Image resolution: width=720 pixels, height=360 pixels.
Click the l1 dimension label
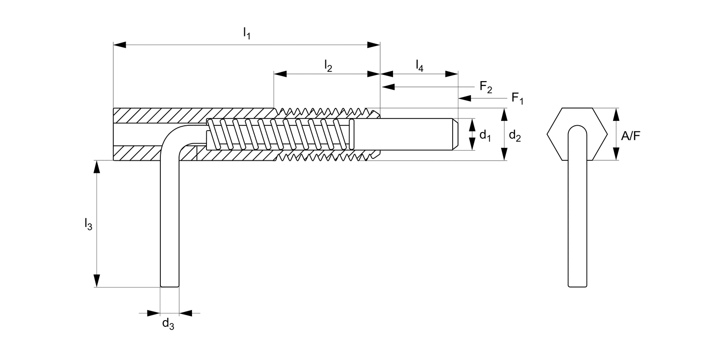click(x=247, y=34)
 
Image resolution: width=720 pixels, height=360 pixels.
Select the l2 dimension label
click(x=328, y=65)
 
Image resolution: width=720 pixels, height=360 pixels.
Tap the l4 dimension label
click(x=419, y=65)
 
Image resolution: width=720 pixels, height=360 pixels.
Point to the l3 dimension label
click(x=88, y=223)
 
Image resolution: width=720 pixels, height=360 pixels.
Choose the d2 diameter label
click(x=515, y=135)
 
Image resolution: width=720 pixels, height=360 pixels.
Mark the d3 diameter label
click(x=168, y=324)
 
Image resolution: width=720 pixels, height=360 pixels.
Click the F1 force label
click(x=517, y=99)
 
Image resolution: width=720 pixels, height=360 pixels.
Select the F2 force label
click(x=486, y=87)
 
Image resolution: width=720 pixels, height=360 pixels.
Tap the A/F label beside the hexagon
click(x=630, y=136)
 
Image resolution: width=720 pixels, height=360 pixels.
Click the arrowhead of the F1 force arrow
click(x=464, y=98)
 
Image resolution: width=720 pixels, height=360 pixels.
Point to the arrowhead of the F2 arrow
click(x=387, y=87)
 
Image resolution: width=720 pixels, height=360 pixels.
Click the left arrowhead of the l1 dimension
click(x=119, y=45)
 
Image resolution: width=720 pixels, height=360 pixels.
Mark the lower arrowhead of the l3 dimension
click(x=97, y=281)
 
